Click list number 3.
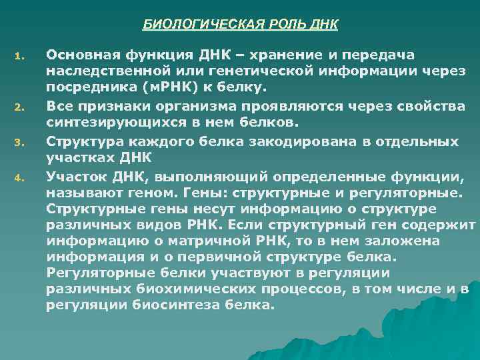[x=20, y=141]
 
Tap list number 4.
[x=20, y=177]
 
